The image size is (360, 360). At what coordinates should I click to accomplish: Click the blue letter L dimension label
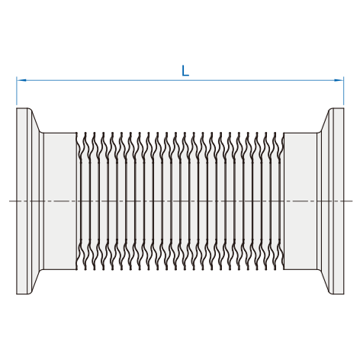185,71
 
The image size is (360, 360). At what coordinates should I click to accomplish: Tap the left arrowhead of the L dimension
21,80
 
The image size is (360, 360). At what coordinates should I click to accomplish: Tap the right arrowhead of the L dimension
339,80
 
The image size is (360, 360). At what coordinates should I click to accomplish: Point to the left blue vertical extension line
17,91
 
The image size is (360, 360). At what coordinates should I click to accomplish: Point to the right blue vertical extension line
343,91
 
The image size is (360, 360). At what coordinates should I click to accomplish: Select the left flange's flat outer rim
22,201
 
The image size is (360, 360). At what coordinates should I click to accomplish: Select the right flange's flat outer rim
339,201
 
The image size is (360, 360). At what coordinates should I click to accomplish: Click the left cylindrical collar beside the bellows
60,201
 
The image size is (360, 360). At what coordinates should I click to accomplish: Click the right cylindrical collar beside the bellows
301,201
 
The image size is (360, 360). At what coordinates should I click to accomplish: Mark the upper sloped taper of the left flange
36,121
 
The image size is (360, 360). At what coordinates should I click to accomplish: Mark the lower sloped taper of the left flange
36,281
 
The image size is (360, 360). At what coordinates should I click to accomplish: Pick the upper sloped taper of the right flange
325,121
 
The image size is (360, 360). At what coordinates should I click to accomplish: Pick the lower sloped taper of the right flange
325,281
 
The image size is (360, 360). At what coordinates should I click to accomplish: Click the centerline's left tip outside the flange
9,201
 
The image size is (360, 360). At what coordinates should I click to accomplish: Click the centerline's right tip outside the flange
352,201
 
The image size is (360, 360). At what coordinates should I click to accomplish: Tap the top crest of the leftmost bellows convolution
85,133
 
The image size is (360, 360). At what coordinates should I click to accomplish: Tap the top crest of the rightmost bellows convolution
275,133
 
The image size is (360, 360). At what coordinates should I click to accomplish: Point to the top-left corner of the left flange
17,108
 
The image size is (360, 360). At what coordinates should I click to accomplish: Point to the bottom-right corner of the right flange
344,294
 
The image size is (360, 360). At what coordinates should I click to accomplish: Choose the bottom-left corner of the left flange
17,294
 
